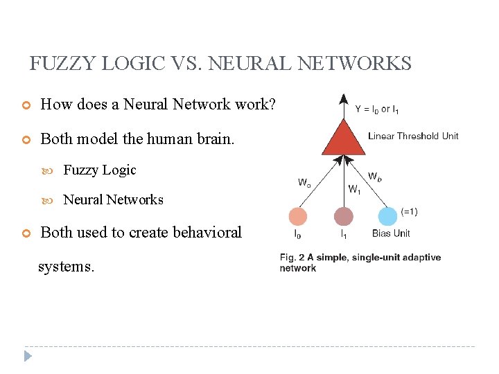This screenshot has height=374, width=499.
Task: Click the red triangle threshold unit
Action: point(344,139)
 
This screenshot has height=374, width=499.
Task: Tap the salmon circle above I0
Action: point(298,217)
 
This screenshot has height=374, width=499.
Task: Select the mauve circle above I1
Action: point(343,217)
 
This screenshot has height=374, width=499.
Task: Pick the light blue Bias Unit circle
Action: point(388,217)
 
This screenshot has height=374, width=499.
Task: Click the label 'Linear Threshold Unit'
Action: point(413,136)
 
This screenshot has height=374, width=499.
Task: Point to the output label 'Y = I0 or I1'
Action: point(377,109)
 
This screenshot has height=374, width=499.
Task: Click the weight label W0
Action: point(304,183)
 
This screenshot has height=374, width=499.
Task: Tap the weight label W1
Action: point(354,188)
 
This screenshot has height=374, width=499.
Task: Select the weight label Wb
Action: point(374,177)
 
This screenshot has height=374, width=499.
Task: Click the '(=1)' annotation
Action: point(409,211)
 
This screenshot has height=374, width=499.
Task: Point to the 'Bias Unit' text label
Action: point(391,233)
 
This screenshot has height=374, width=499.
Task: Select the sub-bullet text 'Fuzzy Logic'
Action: point(100,170)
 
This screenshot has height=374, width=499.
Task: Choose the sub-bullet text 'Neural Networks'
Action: point(113,199)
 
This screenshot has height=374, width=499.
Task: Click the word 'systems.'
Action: point(66,266)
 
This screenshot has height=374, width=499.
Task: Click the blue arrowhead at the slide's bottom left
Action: point(28,357)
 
